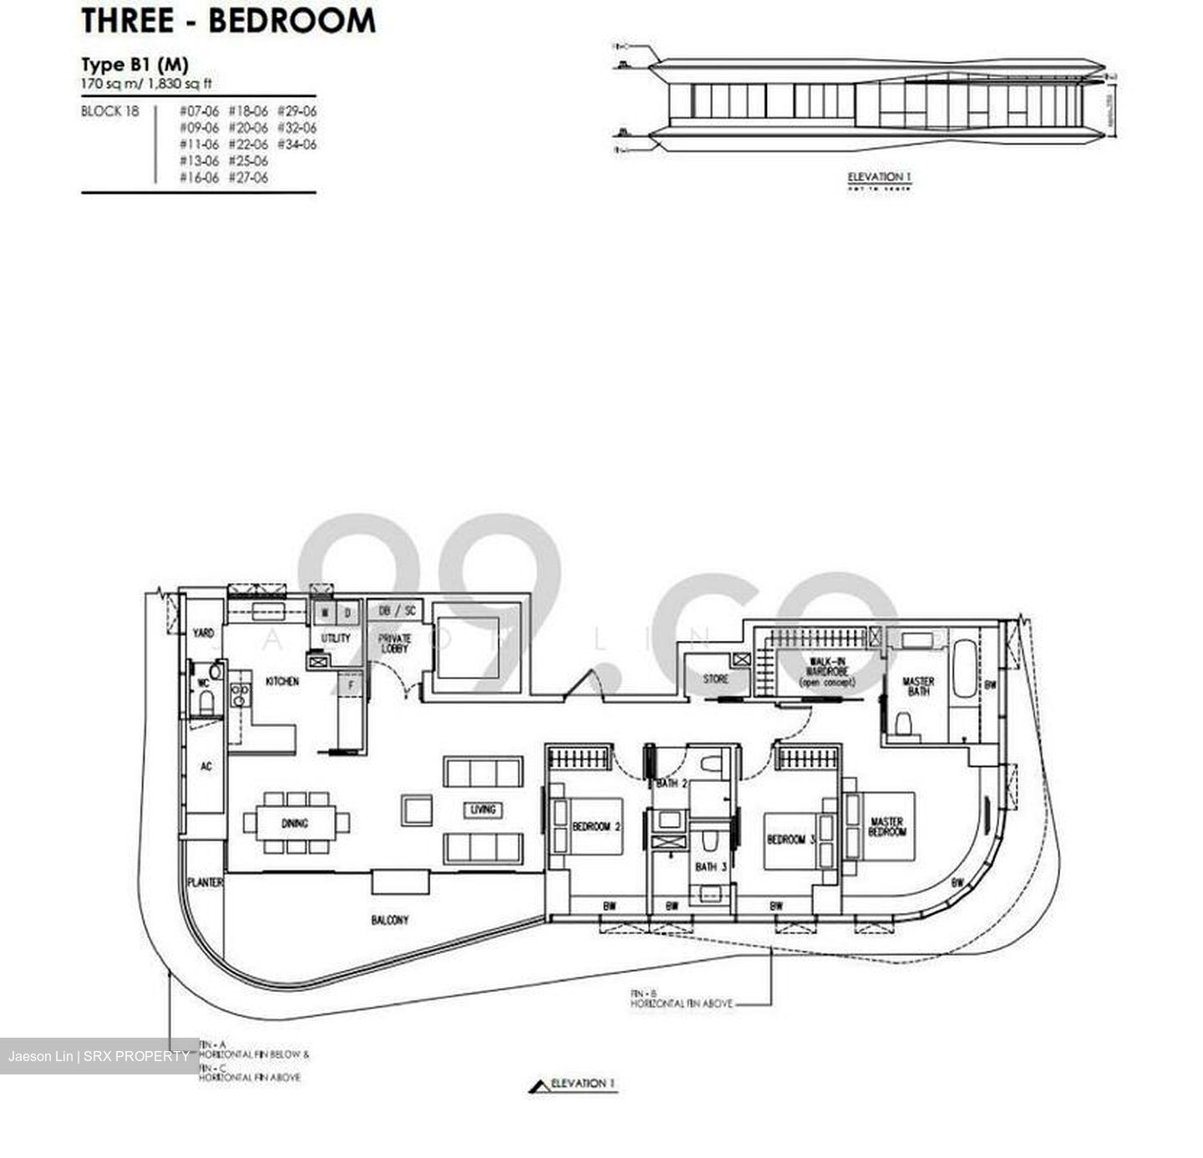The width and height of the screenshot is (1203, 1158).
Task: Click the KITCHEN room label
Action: pos(282,682)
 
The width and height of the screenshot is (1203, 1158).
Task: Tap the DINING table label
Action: pos(295,823)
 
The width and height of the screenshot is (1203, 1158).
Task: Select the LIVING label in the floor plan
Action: pos(483,809)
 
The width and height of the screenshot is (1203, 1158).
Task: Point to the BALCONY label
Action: pos(390,920)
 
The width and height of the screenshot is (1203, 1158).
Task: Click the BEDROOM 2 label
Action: pos(596,826)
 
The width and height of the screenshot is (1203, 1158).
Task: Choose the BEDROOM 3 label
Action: pos(790,839)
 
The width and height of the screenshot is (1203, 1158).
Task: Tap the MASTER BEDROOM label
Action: pos(887,826)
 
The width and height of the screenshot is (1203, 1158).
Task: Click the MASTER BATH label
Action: pos(918,686)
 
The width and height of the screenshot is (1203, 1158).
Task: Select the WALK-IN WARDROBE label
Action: pos(828,671)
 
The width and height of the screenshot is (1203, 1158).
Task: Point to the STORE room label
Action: pos(715,679)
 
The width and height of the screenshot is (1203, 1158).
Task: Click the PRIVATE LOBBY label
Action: pos(394,643)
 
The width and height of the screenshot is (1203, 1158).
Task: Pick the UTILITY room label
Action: pos(336,637)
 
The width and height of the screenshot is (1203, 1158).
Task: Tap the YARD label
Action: pos(204,633)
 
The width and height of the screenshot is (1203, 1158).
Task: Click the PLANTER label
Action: pos(205,882)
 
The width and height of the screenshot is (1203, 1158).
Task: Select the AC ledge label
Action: pos(206,765)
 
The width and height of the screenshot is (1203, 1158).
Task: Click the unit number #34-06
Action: pos(297,144)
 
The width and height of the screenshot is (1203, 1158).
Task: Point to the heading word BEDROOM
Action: pos(292,21)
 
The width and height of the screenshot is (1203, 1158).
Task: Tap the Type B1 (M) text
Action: pos(135,64)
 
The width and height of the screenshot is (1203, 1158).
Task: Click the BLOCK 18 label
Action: pos(109,111)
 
